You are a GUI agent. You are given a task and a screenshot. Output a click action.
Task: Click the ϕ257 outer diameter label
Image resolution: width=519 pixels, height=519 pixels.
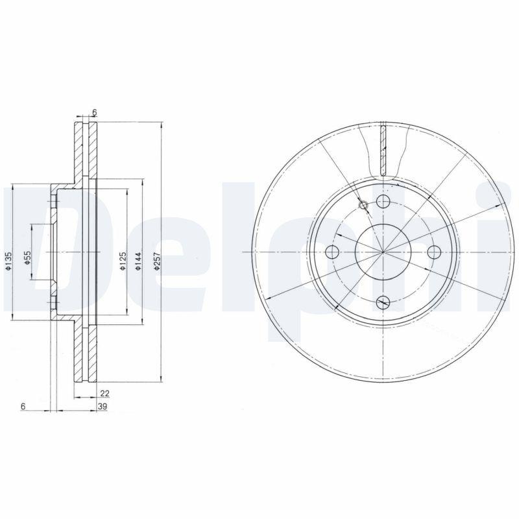tap(157, 259)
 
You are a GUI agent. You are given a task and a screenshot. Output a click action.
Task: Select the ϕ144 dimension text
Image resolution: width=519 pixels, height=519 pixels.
tap(138, 259)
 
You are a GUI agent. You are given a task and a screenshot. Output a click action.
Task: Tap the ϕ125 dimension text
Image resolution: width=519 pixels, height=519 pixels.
tap(121, 259)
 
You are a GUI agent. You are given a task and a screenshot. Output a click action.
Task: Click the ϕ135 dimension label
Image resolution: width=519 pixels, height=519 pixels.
tap(8, 259)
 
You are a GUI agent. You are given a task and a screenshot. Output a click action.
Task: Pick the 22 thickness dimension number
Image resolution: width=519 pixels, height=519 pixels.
tap(104, 392)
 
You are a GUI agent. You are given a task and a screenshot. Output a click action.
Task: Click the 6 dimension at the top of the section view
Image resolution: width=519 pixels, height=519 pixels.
tap(95, 113)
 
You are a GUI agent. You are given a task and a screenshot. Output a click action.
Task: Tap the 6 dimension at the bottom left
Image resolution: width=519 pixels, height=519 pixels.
tap(23, 406)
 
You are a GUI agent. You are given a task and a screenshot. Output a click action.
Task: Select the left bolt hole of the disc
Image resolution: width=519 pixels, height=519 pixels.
tap(333, 252)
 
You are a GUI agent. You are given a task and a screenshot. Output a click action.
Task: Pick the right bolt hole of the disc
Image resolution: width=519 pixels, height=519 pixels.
tap(433, 252)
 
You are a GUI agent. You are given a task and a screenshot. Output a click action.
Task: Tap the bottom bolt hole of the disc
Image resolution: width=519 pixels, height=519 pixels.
tap(383, 301)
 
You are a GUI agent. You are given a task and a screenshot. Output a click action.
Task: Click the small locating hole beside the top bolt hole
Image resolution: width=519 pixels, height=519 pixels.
tap(363, 206)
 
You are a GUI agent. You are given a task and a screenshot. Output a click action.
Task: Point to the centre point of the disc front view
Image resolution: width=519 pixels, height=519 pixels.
tap(383, 252)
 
